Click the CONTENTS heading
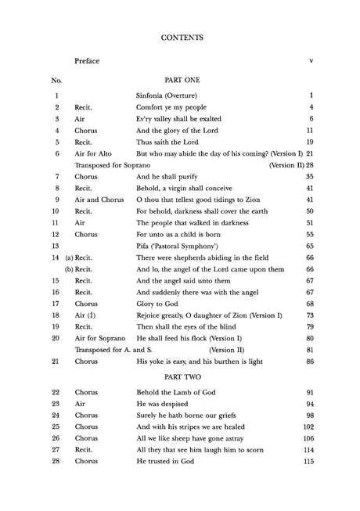pyautogui.click(x=181, y=36)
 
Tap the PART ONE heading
pyautogui.click(x=181, y=81)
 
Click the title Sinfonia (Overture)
pyautogui.click(x=167, y=95)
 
